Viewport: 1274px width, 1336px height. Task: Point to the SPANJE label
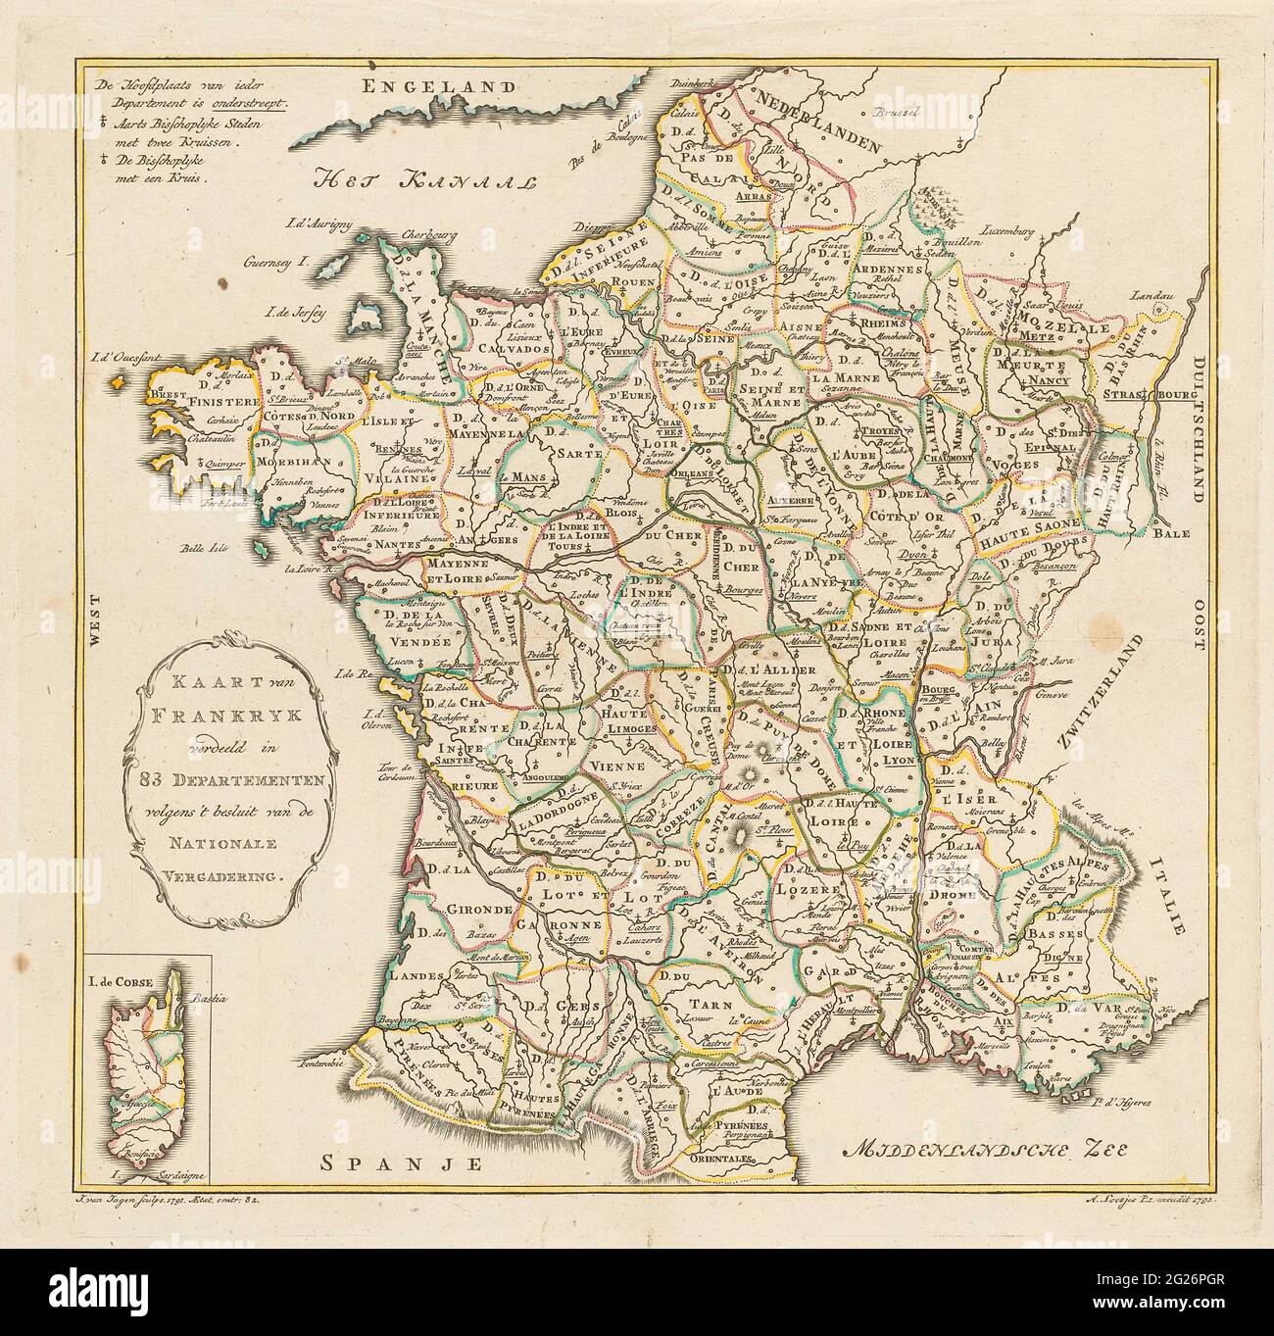[x=404, y=1163]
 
